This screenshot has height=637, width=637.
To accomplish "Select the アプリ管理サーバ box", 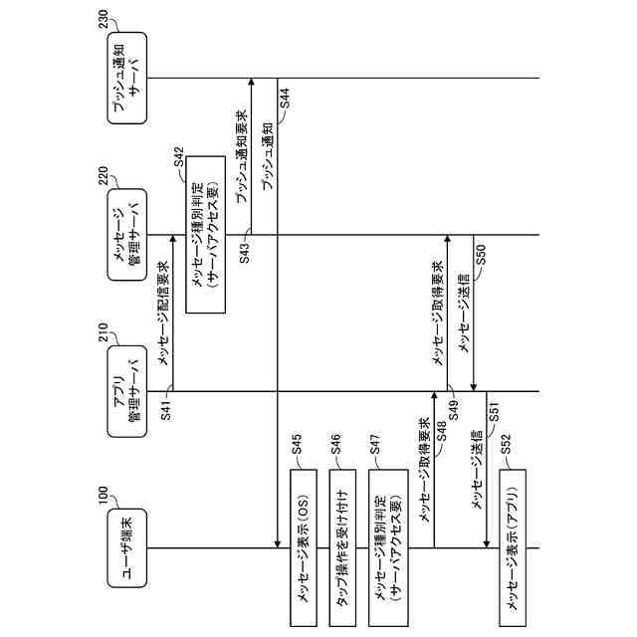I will [126, 391].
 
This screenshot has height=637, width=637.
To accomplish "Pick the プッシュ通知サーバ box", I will [126, 79].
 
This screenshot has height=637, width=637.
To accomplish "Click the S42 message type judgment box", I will [203, 235].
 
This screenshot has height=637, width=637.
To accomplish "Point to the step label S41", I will [166, 409].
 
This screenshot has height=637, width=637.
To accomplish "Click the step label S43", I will [244, 251].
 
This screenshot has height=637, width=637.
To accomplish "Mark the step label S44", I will [285, 98].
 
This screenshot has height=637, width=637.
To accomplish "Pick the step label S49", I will [452, 408].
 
